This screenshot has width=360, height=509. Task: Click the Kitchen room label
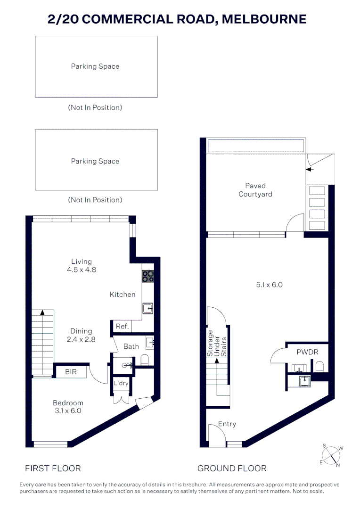point(123,295)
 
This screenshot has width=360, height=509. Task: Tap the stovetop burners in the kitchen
point(148,276)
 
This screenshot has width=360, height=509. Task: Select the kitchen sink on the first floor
point(147,308)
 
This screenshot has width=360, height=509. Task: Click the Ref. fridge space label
point(123,326)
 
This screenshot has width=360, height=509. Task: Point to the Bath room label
point(131,346)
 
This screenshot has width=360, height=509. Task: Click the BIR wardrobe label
point(71,372)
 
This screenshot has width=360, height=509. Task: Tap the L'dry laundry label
point(121,383)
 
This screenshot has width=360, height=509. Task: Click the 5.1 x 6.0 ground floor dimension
point(269,285)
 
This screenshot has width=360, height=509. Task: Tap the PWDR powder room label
point(307,352)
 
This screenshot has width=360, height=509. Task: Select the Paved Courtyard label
point(255,190)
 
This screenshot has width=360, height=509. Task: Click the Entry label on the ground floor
point(227,424)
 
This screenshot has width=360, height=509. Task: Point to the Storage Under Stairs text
point(217,344)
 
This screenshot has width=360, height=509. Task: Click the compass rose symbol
point(331,456)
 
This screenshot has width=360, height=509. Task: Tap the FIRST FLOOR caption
point(53,468)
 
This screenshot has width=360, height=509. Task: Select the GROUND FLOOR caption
point(232,468)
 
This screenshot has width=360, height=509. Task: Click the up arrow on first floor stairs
point(42,312)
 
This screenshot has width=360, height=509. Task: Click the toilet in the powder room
point(319,367)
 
